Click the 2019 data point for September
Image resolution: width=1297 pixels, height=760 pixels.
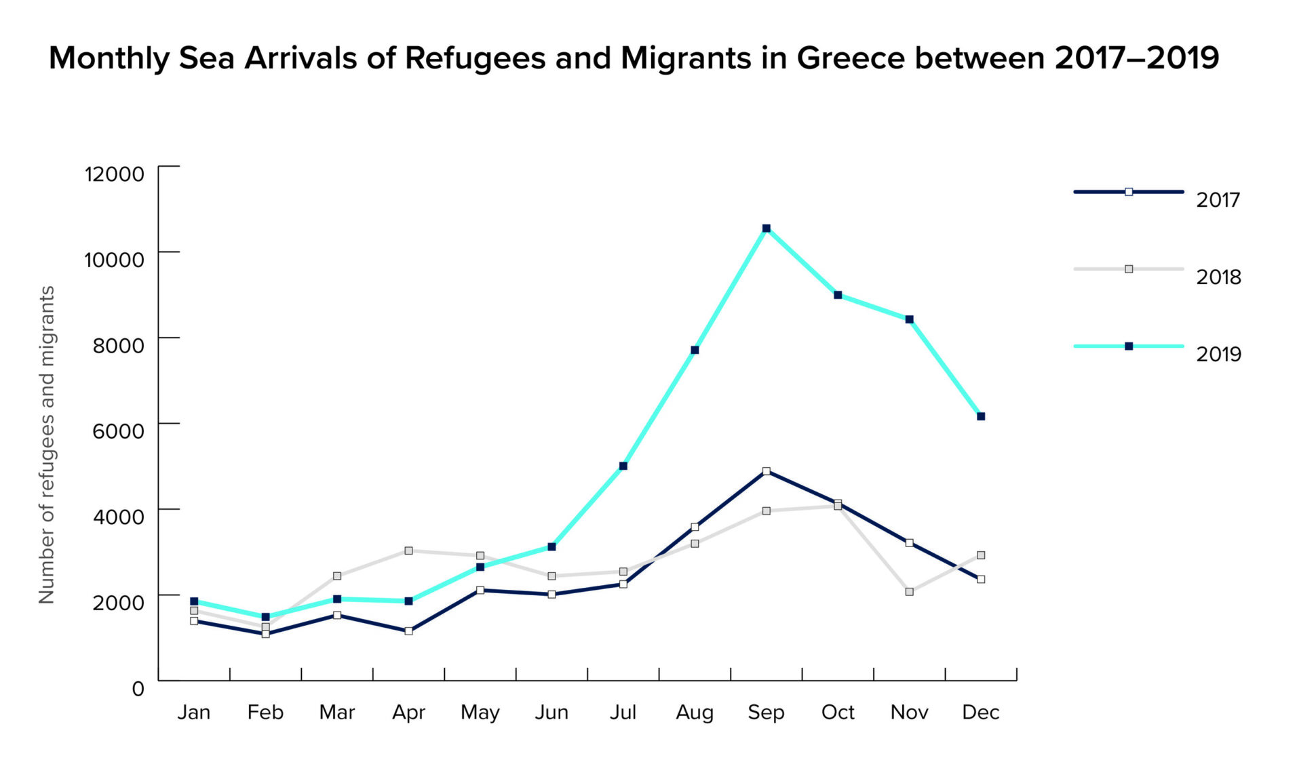766,228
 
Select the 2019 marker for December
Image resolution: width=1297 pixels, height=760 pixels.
980,416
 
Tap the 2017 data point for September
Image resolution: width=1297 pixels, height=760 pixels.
766,471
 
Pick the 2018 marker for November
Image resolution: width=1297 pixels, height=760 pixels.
909,592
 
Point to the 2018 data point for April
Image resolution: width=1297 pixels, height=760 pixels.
408,551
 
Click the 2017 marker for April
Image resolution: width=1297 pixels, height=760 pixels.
408,631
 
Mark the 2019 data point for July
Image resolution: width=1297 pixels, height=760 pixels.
623,466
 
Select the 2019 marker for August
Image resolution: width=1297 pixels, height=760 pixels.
695,350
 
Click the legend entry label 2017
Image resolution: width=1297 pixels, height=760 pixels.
1218,200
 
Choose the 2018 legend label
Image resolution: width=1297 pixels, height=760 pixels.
1218,277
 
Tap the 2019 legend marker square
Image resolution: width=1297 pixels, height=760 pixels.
1129,346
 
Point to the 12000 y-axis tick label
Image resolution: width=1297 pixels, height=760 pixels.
114,174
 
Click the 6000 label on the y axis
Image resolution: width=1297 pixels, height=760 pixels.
118,431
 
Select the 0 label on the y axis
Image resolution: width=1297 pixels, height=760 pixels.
138,689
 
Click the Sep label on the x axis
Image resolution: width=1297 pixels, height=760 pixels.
766,713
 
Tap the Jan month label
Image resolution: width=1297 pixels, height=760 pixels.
194,713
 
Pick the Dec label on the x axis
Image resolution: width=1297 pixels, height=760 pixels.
980,713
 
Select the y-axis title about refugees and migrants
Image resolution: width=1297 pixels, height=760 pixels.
46,444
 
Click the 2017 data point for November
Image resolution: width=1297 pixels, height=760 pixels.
909,543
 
